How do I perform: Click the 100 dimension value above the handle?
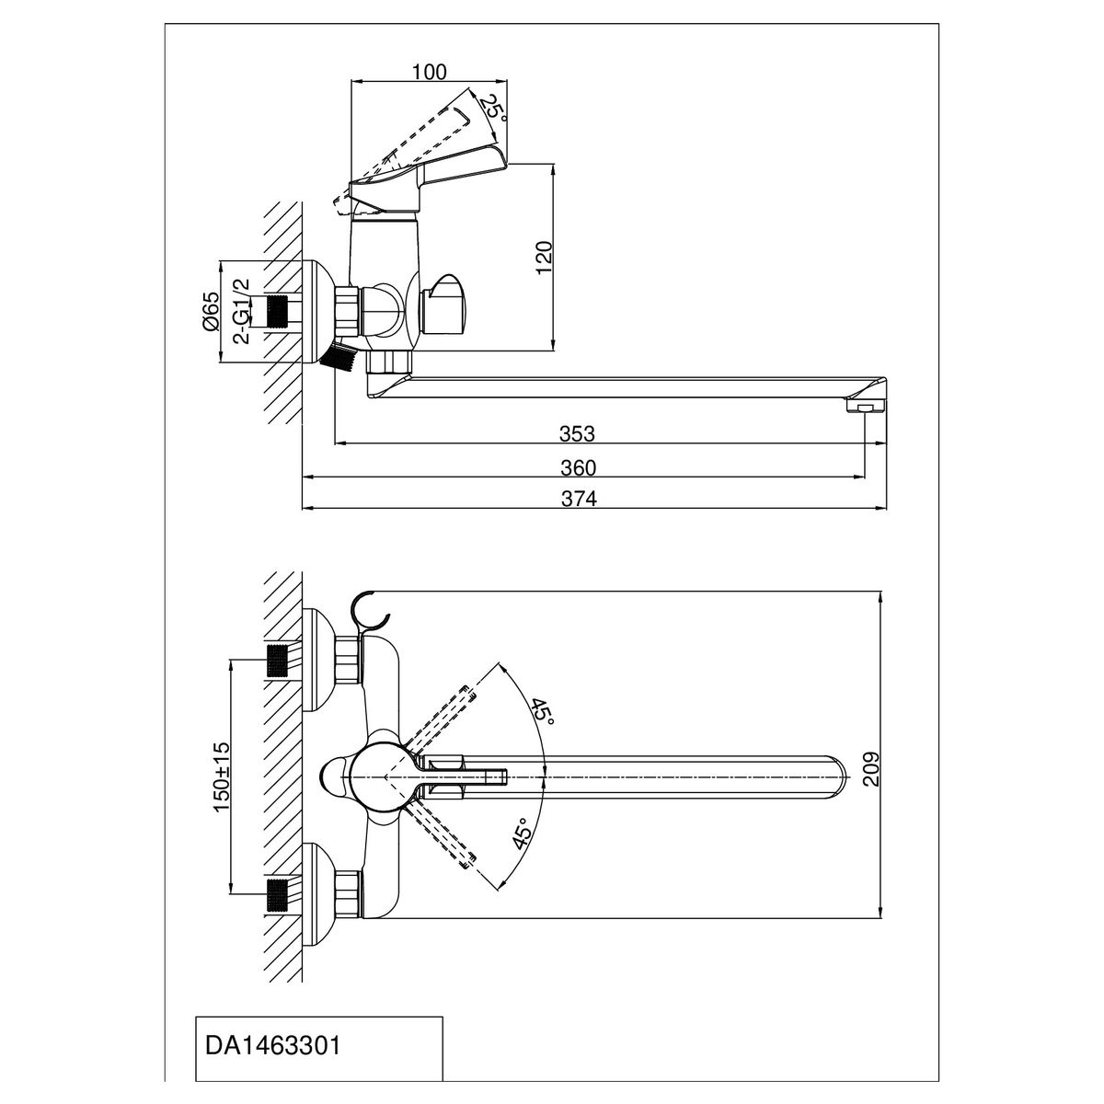point(430,71)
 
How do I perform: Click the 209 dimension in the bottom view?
point(873,769)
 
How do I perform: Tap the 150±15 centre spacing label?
point(221,778)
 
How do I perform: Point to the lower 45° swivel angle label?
point(522,833)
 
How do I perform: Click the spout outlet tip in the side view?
point(867,404)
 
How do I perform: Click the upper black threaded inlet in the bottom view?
point(278,660)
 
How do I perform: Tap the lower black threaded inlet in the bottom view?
point(278,893)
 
